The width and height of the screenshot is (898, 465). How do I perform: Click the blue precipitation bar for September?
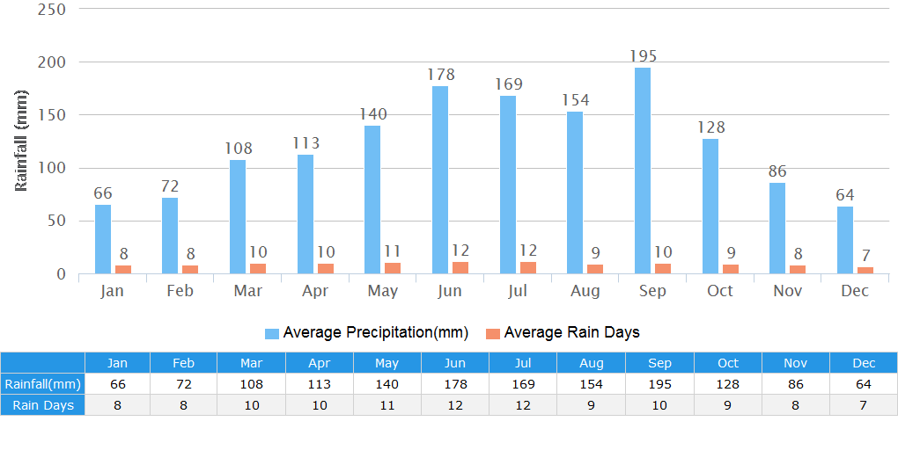pyautogui.click(x=643, y=171)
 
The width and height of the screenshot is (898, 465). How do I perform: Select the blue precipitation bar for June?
pyautogui.click(x=440, y=179)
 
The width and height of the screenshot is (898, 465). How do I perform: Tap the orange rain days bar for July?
pyautogui.click(x=528, y=267)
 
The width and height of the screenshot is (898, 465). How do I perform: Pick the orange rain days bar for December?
pyautogui.click(x=865, y=270)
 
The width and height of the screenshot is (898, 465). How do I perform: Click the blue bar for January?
pyautogui.click(x=103, y=239)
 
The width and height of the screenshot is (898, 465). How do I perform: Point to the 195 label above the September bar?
pyautogui.click(x=643, y=56)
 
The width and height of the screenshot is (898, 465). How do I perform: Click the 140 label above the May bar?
pyautogui.click(x=372, y=114)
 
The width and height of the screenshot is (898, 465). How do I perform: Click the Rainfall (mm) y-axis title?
pyautogui.click(x=22, y=141)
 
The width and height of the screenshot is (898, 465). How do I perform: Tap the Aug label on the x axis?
pyautogui.click(x=585, y=291)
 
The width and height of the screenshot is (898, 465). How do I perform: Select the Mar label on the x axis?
pyautogui.click(x=247, y=291)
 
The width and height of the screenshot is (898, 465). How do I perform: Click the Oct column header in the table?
pyautogui.click(x=727, y=363)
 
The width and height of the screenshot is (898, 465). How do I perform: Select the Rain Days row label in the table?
pyautogui.click(x=43, y=405)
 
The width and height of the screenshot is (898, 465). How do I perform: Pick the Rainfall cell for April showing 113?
pyautogui.click(x=319, y=384)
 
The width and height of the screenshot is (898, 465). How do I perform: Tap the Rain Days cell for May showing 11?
pyautogui.click(x=386, y=405)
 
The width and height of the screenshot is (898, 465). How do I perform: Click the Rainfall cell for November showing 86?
pyautogui.click(x=795, y=384)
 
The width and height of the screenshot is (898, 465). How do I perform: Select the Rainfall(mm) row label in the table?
pyautogui.click(x=43, y=384)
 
